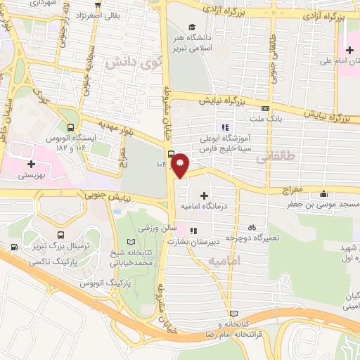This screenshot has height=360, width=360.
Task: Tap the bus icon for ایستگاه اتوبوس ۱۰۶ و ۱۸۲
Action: pos(70,128)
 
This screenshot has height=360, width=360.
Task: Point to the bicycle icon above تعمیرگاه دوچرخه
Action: pos(252,227)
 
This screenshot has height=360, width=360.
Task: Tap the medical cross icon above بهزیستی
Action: pos(31,164)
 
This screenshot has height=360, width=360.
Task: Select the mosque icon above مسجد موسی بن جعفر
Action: pos(323,194)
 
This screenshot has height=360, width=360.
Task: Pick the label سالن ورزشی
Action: pos(155,229)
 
